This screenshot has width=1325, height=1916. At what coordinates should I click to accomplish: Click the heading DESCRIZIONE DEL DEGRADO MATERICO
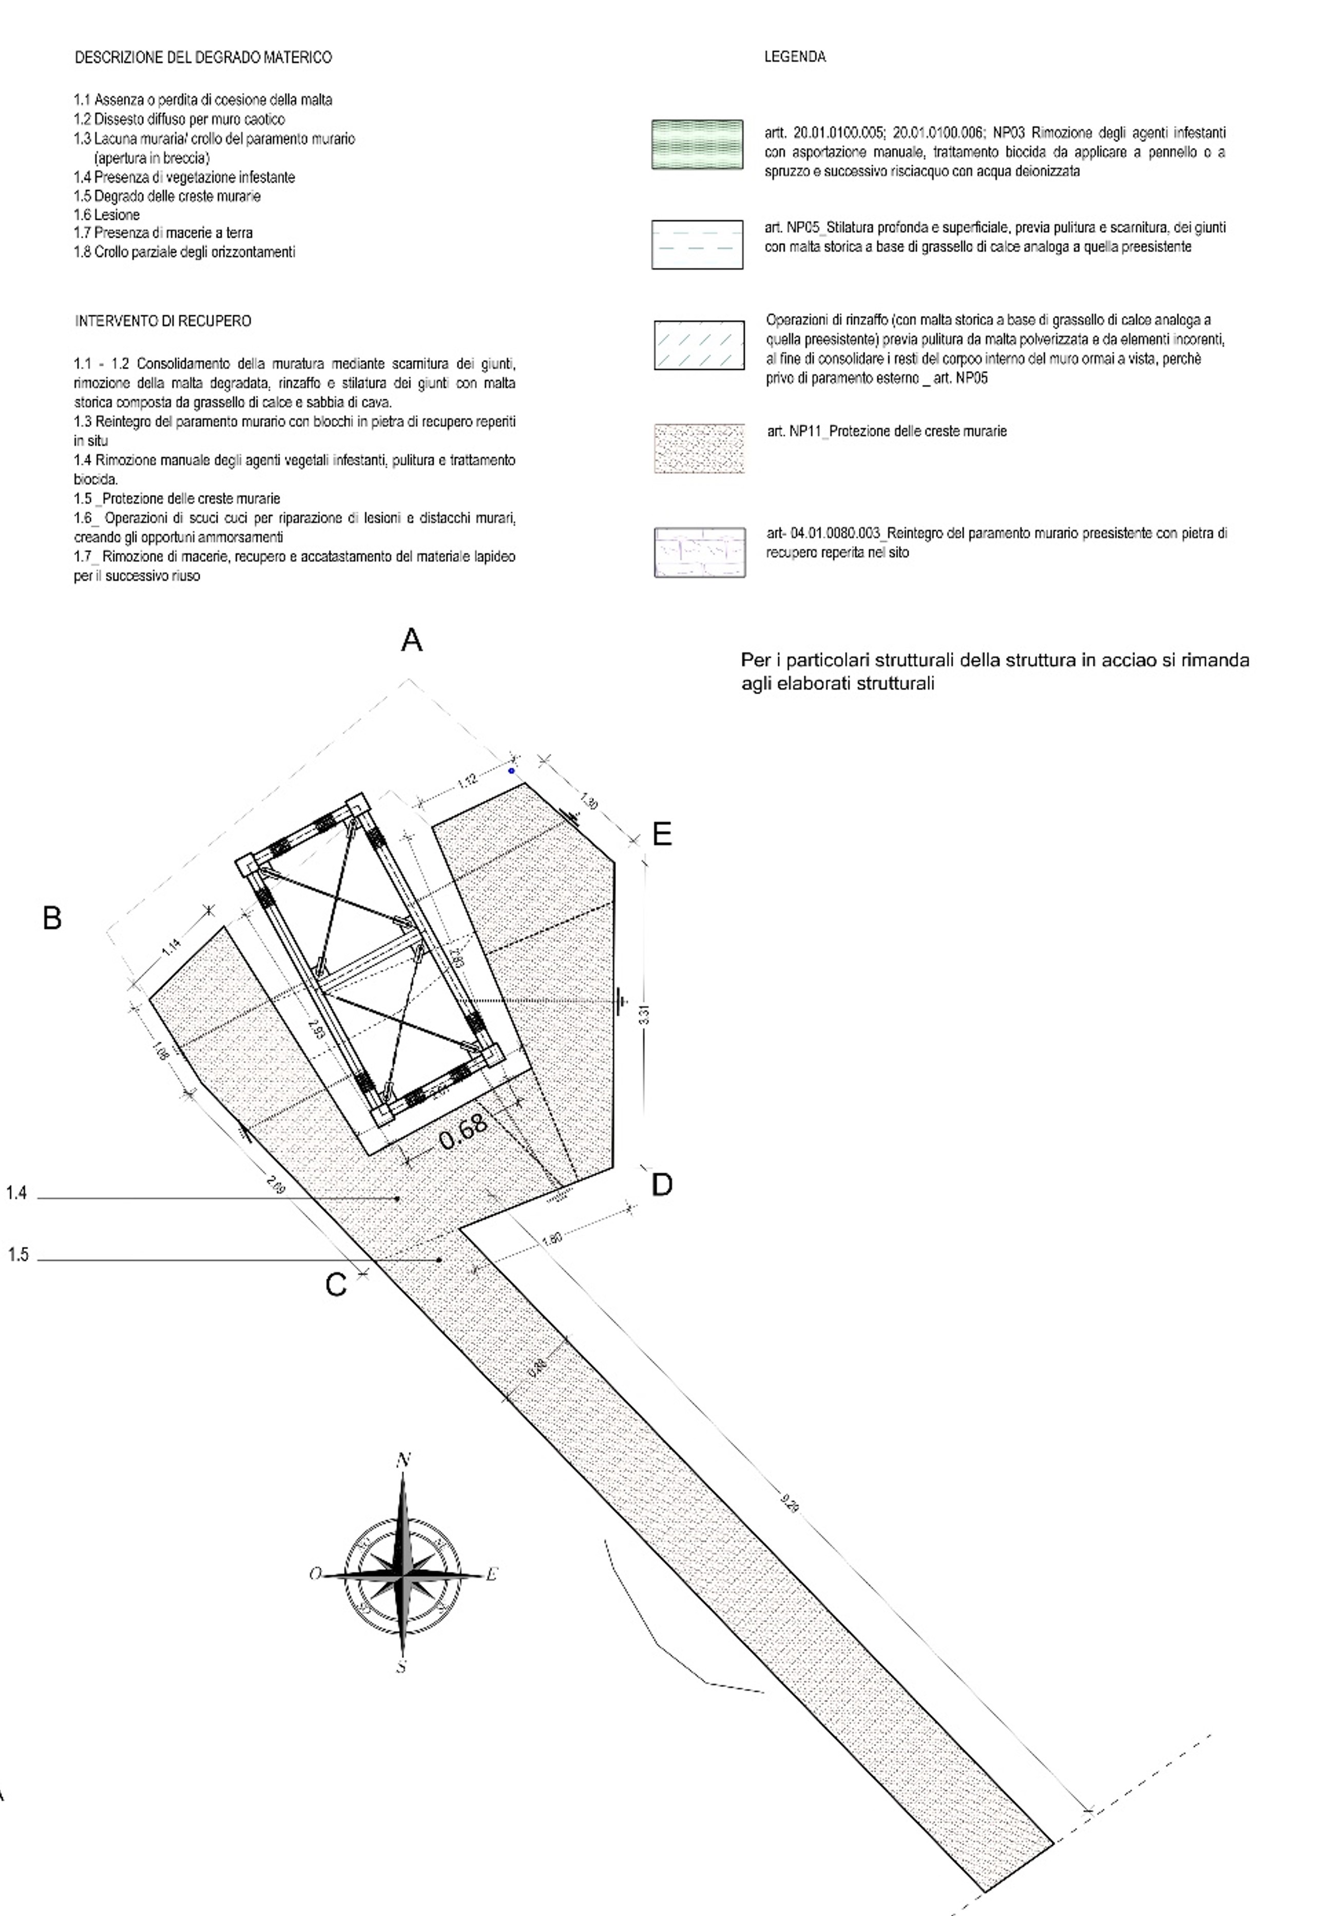(x=203, y=58)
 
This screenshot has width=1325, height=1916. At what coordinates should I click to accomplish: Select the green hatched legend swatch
(x=697, y=144)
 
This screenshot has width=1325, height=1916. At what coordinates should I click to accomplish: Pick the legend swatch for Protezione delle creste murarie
(x=699, y=448)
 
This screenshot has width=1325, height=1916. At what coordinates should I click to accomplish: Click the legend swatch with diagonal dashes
(x=699, y=345)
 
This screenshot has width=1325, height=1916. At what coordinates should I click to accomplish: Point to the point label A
(x=412, y=641)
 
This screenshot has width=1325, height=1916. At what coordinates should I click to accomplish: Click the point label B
(x=51, y=918)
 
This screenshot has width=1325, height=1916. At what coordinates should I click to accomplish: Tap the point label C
(x=335, y=1285)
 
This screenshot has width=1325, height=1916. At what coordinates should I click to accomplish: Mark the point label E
(x=662, y=834)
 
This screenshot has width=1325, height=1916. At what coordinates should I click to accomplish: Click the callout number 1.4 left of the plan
(x=16, y=1193)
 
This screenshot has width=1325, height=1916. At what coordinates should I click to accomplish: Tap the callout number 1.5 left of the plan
(x=18, y=1255)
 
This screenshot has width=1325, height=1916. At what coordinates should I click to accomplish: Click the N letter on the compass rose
(x=405, y=1460)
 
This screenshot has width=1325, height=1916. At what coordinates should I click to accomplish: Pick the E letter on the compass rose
(x=491, y=1574)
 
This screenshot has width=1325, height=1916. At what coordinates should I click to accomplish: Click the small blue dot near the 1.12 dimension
(x=511, y=771)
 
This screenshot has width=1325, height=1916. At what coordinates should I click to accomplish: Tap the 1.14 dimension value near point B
(x=170, y=947)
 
